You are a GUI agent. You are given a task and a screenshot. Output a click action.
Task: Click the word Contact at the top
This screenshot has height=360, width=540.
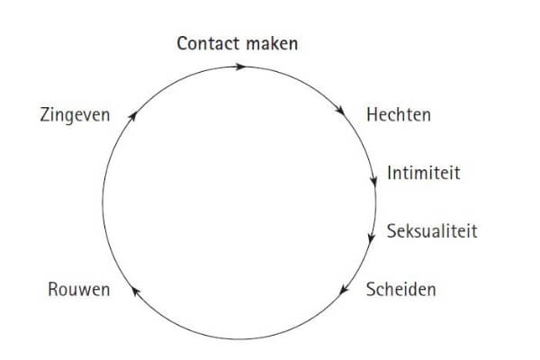pyautogui.click(x=208, y=42)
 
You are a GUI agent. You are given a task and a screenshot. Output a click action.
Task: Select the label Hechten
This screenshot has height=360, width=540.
pyautogui.click(x=399, y=115)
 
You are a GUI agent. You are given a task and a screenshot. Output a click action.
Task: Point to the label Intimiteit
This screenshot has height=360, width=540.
pyautogui.click(x=423, y=172)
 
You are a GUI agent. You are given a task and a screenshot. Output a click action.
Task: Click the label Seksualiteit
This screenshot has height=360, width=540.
pyautogui.click(x=432, y=231)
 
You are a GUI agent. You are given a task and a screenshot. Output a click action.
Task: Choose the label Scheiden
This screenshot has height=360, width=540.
pyautogui.click(x=401, y=290)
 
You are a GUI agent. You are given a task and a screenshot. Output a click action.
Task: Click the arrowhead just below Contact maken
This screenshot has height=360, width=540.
pyautogui.click(x=239, y=66)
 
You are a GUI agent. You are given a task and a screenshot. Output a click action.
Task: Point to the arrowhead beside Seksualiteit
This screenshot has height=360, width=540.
pyautogui.click(x=370, y=238)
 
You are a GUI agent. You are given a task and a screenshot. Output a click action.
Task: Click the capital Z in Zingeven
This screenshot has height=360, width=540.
pyautogui.click(x=45, y=115)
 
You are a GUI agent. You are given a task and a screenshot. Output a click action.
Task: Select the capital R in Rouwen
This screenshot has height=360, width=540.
pyautogui.click(x=50, y=290)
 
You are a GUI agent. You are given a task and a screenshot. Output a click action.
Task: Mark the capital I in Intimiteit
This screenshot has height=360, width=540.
pyautogui.click(x=389, y=172)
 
